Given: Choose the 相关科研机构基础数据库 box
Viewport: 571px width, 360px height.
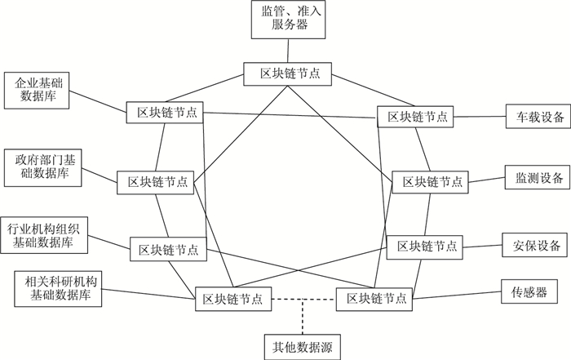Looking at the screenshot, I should click(x=58, y=287).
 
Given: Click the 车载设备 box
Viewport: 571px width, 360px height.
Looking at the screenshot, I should click(x=533, y=116).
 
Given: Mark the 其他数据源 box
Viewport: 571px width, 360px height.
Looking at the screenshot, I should click(x=300, y=347).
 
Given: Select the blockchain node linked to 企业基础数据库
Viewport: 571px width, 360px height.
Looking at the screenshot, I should click(x=164, y=112).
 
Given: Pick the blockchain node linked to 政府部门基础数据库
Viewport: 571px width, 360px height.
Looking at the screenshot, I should click(x=154, y=181).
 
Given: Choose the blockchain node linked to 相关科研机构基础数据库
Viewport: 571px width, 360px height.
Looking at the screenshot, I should click(x=232, y=299).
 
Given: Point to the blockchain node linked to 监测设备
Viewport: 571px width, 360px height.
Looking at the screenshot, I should click(x=431, y=181).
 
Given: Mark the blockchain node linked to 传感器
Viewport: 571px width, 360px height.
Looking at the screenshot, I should click(x=372, y=299).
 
